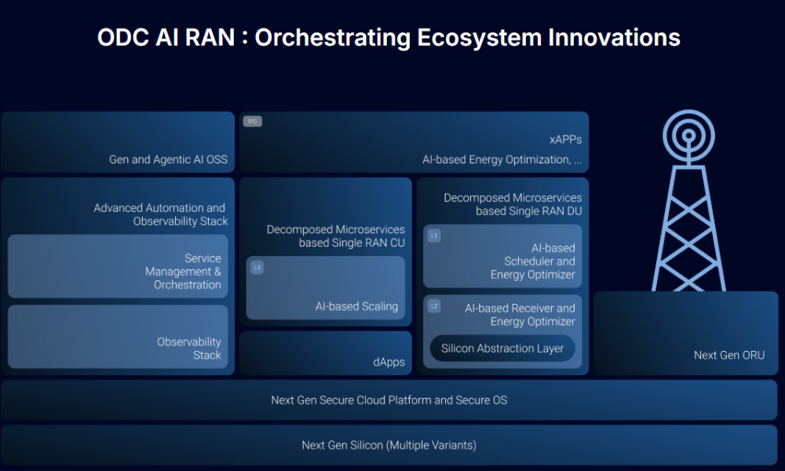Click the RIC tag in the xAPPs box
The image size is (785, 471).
point(252,122)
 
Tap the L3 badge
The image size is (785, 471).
point(257,268)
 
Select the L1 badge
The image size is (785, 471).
point(434,235)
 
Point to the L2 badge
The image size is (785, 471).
point(434,306)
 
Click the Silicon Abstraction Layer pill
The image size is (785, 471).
point(502,349)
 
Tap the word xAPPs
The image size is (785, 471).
point(565,140)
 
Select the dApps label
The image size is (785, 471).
point(389,362)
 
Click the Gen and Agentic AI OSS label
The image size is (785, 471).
point(168,159)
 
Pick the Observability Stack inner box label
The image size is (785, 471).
point(189,349)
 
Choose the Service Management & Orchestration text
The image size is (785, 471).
point(187,272)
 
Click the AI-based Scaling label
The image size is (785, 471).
point(356,306)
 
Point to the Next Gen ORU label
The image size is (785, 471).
point(729,355)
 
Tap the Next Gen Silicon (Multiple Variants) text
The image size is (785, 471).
point(389,445)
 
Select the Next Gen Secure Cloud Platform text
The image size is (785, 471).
point(389,400)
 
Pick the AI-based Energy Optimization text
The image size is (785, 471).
point(502,159)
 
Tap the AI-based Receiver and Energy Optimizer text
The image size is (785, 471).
point(520,315)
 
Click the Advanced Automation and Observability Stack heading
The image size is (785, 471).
point(160,214)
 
